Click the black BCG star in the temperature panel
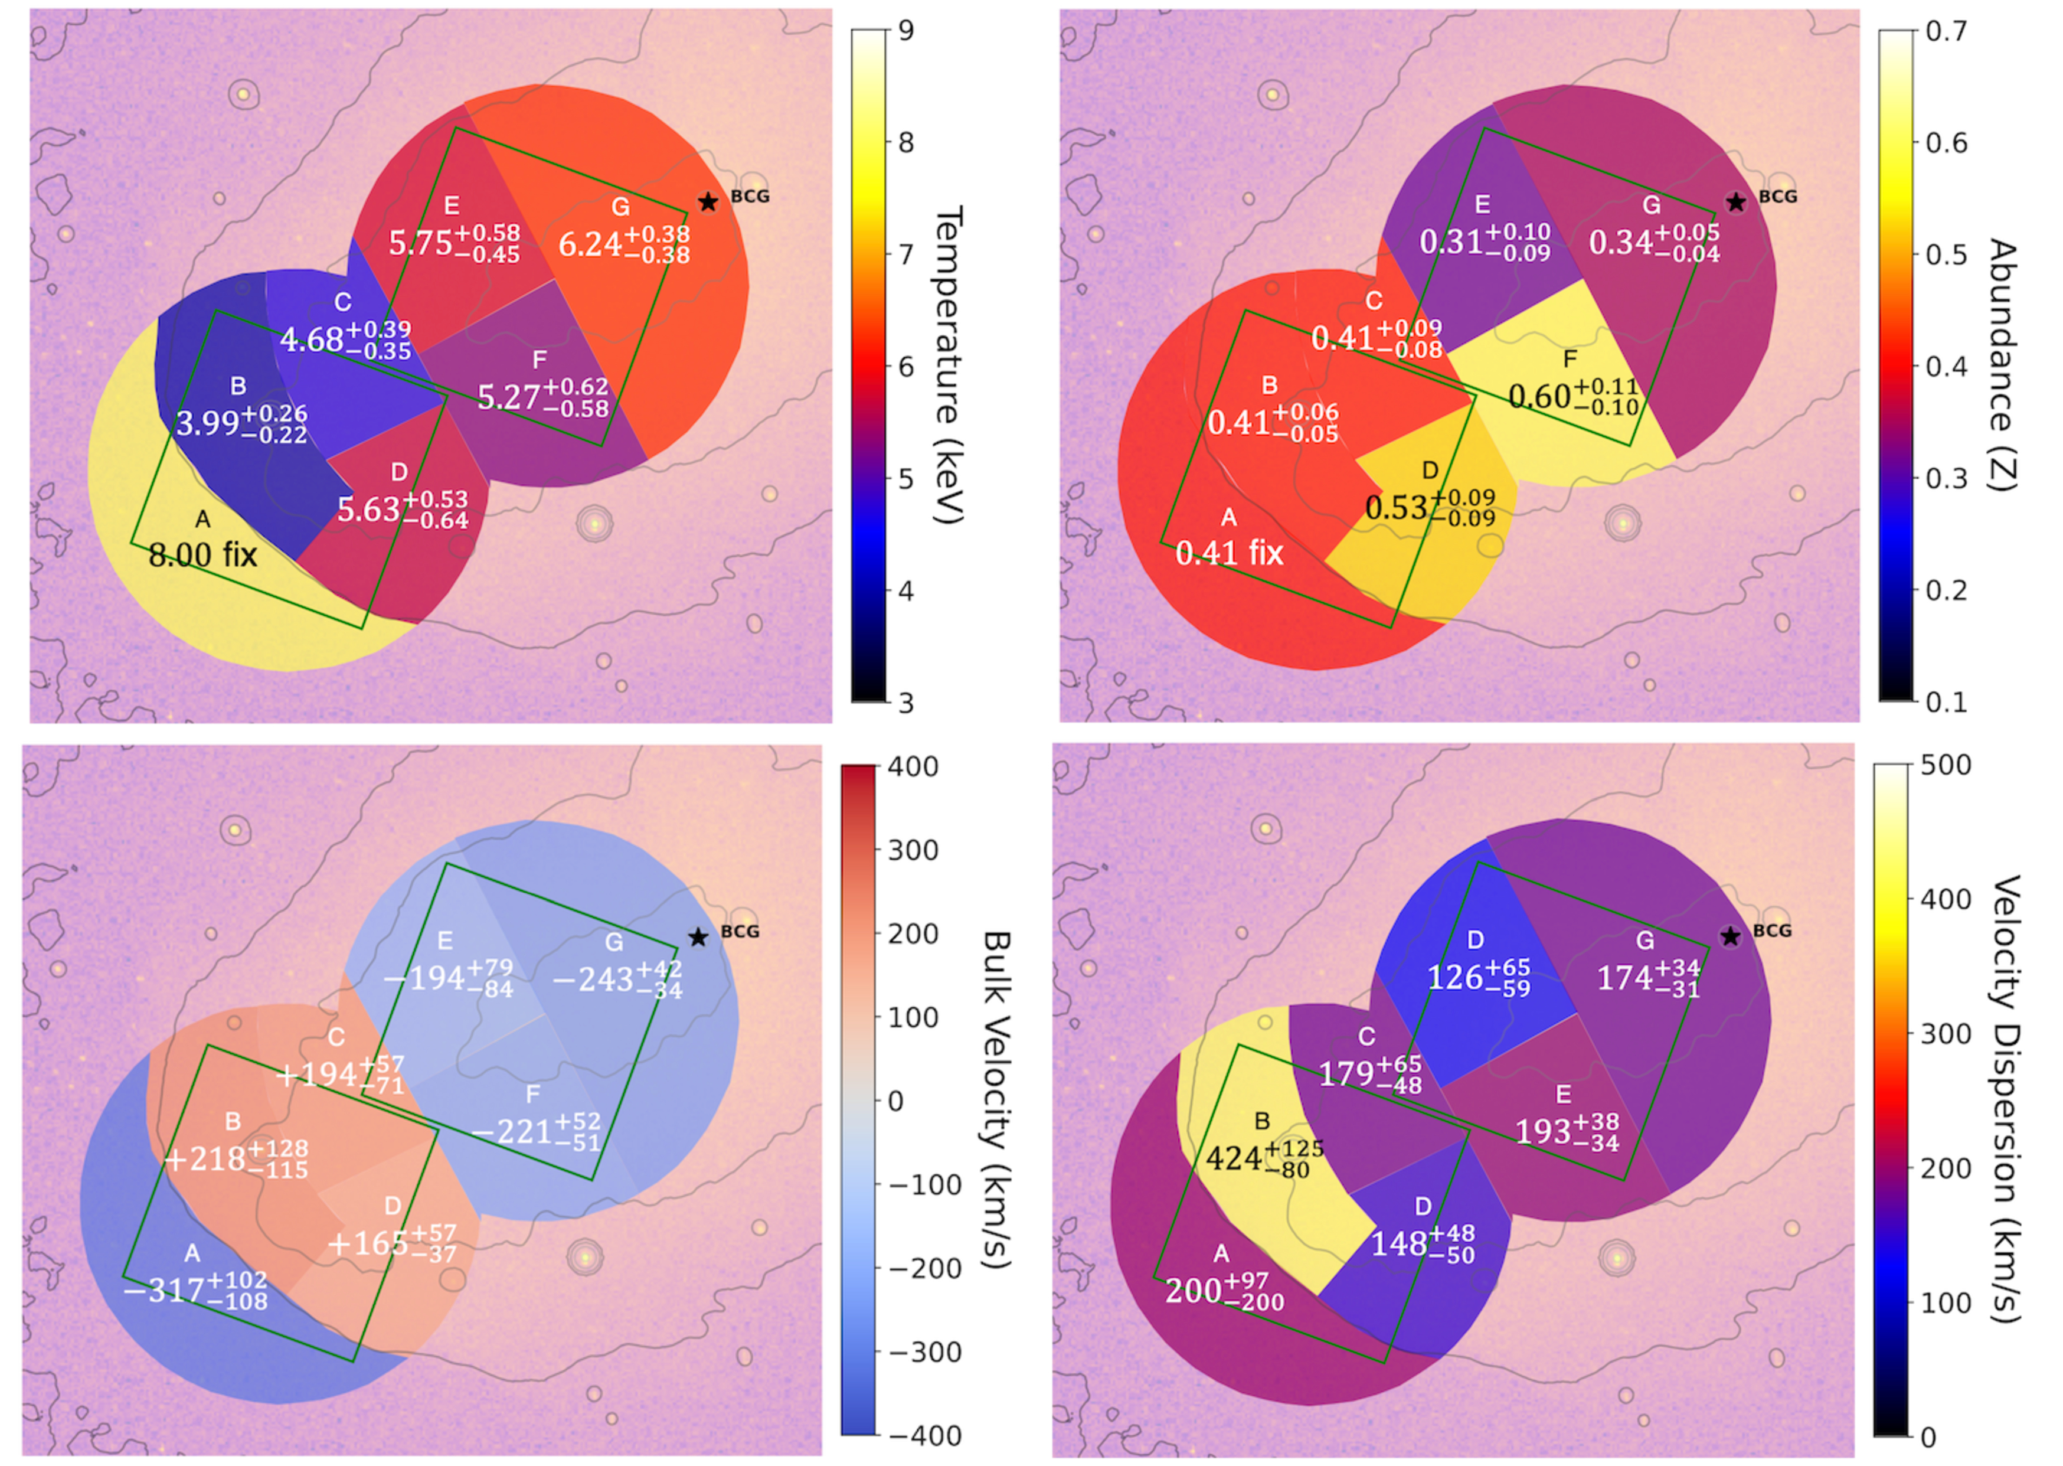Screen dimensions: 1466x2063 [708, 202]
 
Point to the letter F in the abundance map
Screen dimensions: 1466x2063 [1570, 360]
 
